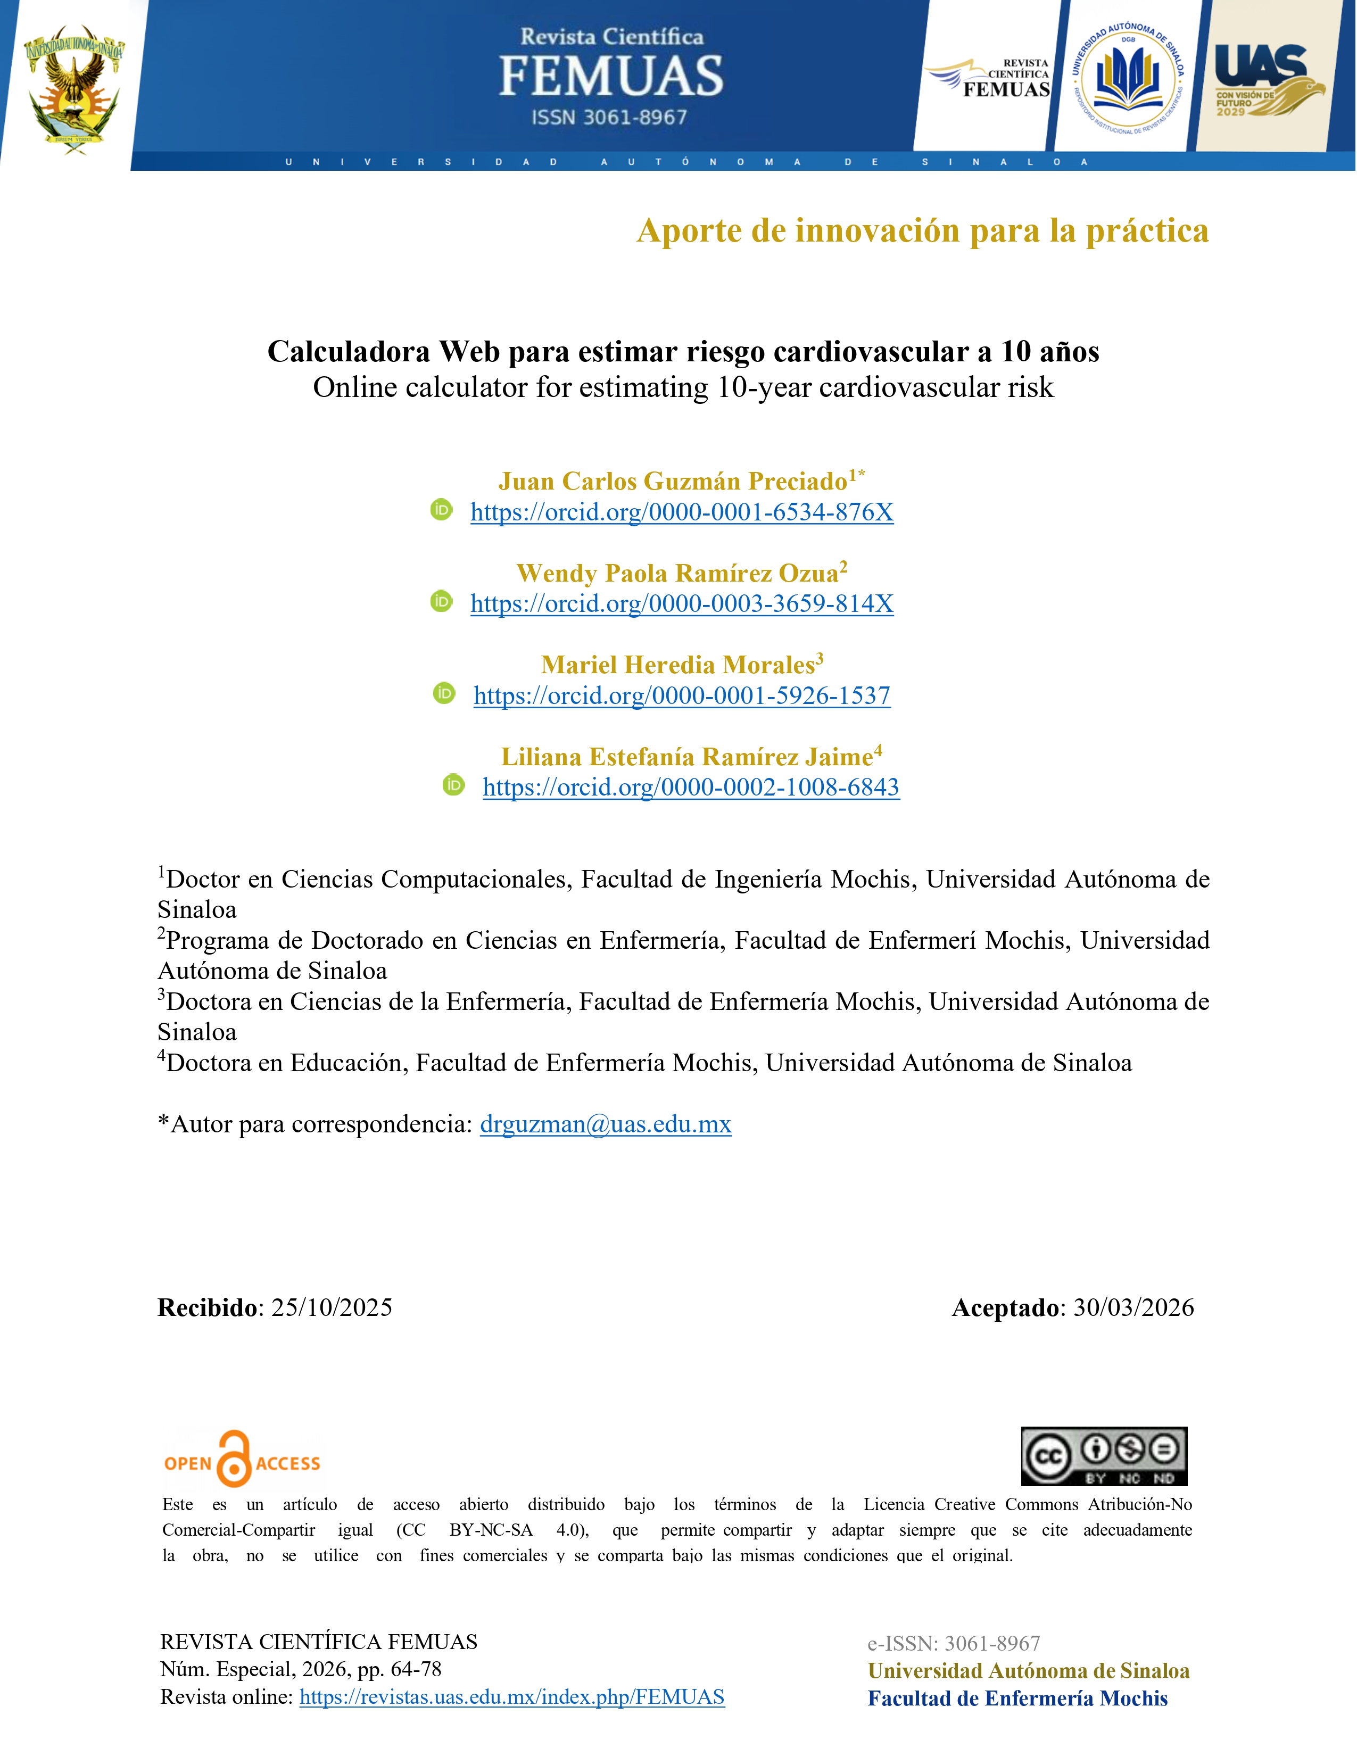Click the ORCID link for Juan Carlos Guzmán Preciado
682,512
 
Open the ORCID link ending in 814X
682,604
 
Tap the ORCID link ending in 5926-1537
682,695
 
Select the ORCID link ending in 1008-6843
691,787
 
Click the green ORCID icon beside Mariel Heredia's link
444,693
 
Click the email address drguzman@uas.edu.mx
606,1124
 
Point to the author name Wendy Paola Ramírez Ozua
677,573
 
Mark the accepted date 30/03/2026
1133,1308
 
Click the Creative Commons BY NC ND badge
1104,1456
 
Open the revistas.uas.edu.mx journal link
512,1697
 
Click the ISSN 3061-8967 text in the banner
609,118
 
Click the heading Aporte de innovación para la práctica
922,231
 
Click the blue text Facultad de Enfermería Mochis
1017,1698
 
